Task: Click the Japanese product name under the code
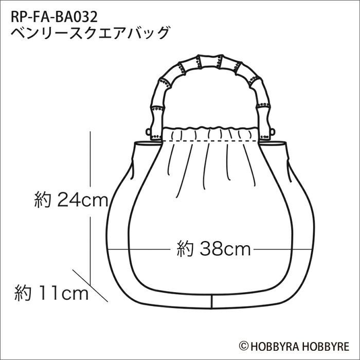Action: pos(90,33)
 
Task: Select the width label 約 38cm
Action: pos(213,249)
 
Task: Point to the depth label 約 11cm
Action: pos(51,294)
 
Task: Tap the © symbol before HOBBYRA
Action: pos(243,346)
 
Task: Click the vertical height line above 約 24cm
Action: pos(91,159)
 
